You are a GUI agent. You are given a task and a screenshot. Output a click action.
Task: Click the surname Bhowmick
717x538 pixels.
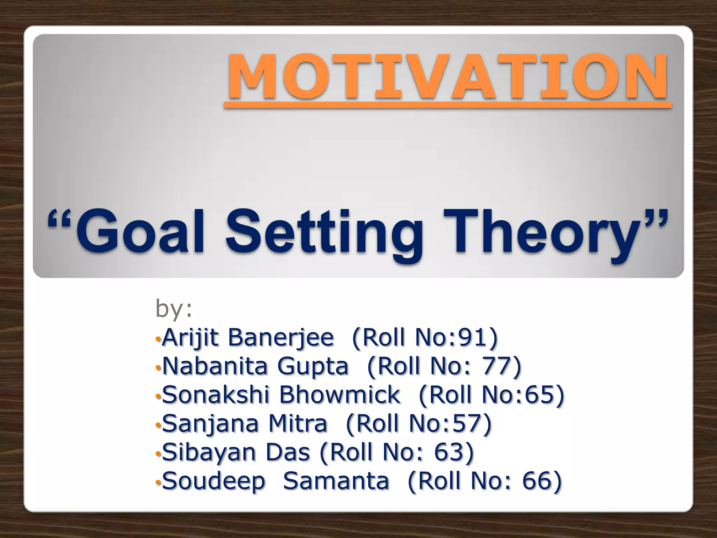click(339, 395)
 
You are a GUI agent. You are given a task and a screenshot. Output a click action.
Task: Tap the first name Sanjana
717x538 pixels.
click(210, 424)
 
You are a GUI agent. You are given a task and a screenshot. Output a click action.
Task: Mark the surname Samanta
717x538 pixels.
click(336, 481)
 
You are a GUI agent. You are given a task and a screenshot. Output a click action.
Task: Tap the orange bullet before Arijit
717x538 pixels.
click(158, 339)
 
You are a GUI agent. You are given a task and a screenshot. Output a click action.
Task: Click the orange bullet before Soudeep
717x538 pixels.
click(158, 483)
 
